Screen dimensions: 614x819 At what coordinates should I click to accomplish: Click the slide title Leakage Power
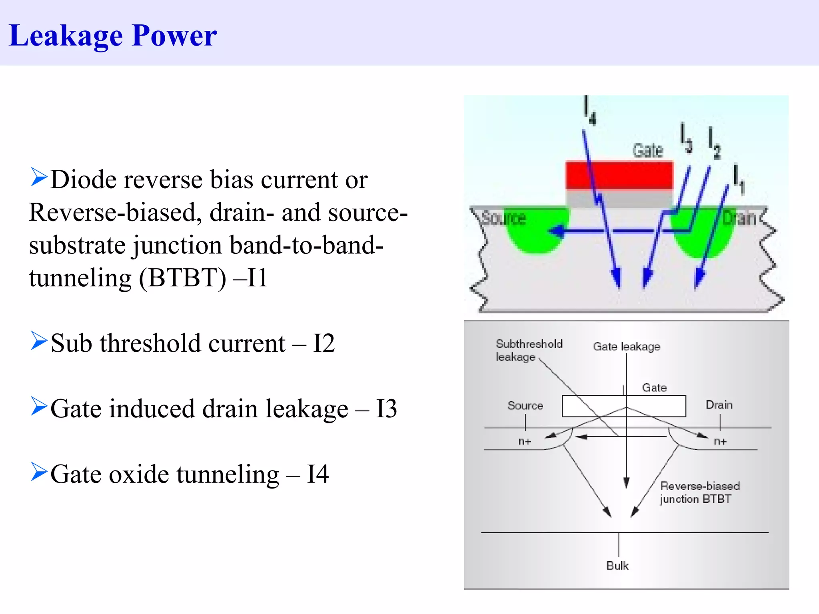112,36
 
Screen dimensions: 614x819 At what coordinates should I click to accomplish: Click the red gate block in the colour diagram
619,175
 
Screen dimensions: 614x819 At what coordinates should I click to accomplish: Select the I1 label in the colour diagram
739,179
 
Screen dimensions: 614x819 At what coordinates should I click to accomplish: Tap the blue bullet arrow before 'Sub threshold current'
39,341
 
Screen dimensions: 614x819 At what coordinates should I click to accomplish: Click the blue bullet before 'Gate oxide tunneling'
39,472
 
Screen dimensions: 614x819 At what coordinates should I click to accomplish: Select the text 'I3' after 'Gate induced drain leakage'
386,409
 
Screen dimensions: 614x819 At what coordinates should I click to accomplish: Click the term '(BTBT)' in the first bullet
182,278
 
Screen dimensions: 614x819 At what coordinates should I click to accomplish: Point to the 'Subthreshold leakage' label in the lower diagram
528,350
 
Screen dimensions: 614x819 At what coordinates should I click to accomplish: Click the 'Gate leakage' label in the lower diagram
626,347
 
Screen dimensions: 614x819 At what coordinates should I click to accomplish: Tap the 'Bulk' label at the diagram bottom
617,566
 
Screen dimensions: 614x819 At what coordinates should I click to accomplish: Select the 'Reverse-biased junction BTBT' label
700,492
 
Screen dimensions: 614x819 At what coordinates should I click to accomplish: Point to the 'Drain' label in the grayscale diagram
719,405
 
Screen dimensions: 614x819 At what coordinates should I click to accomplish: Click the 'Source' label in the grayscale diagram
525,406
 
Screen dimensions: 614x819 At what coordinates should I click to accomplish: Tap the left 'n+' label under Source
525,442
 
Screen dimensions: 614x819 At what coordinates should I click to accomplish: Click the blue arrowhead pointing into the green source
555,231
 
